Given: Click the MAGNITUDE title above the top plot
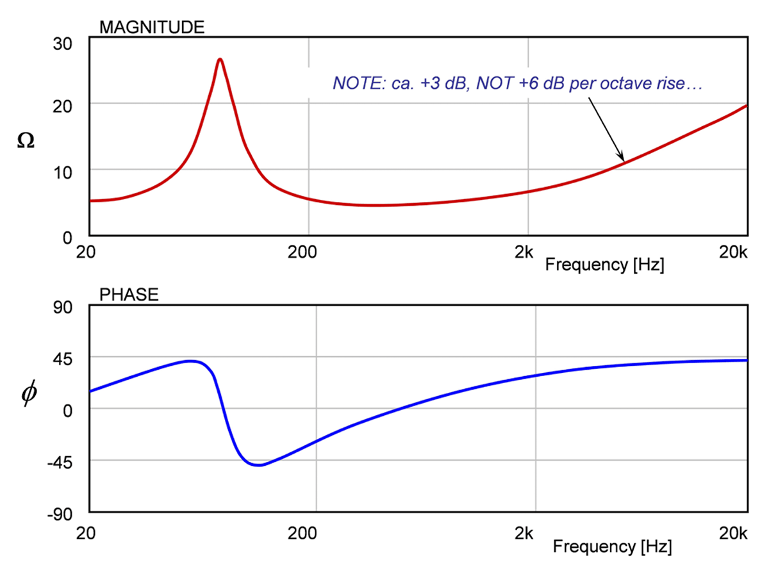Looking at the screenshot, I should coord(151,27).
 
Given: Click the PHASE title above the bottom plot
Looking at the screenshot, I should coord(129,295).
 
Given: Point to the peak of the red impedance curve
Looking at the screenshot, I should coord(220,59).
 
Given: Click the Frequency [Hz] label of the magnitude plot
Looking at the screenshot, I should coord(604,263).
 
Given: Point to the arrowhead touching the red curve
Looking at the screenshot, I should coord(621,158).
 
